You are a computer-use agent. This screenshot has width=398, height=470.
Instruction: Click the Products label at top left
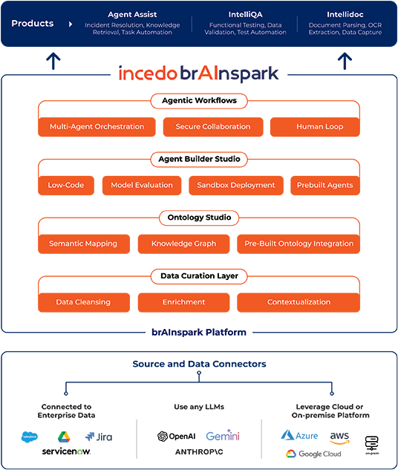point(33,24)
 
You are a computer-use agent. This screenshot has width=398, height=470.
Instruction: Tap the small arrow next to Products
point(71,24)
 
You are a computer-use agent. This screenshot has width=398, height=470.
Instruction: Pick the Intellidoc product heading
point(345,14)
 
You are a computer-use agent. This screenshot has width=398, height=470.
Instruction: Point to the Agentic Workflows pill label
point(198,100)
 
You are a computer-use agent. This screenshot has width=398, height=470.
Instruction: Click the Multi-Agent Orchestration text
point(97,127)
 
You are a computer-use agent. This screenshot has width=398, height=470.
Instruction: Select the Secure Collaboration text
point(212,127)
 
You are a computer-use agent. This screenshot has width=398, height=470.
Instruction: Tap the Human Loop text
point(319,127)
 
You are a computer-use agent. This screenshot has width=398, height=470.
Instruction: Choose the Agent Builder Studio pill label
point(198,159)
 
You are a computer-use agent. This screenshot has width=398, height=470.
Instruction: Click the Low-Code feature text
point(66,185)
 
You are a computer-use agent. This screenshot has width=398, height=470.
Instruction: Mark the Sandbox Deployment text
point(235,185)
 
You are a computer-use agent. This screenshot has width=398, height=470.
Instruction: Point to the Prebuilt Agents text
point(324,185)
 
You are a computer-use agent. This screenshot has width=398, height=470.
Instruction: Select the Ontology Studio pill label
point(198,218)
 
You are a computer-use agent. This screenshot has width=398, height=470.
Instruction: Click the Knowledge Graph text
point(183,244)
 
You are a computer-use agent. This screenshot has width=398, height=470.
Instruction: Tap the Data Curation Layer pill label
point(198,276)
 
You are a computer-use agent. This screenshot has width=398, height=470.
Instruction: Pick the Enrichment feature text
point(183,302)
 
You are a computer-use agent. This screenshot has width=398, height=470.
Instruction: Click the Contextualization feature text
point(298,302)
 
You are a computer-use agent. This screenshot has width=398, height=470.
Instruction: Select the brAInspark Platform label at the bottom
point(198,332)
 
